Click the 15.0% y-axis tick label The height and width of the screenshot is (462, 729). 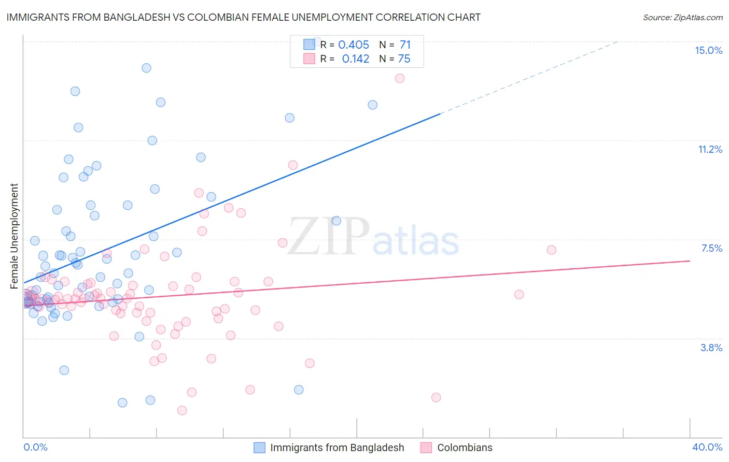pos(708,50)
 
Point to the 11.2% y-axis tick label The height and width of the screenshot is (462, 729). pos(710,149)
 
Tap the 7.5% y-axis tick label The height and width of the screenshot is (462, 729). pos(711,248)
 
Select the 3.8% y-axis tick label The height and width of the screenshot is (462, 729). pos(711,348)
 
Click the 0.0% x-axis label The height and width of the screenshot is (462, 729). pos(35,447)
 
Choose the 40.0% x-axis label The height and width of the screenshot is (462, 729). pos(707,447)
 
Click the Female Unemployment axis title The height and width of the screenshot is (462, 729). pos(14,236)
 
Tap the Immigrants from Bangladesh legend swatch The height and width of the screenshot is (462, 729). pos(259,447)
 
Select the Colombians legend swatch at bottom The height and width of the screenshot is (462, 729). pos(426,447)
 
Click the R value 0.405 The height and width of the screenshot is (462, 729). pos(354,45)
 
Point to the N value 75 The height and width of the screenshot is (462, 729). pos(404,59)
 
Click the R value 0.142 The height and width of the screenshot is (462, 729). pos(355,59)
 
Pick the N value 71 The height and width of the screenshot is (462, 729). pos(405,45)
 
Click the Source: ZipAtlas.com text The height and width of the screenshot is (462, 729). pos(682,18)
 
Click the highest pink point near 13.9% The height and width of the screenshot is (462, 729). pos(400,78)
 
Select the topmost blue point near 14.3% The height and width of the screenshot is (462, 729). pos(147,68)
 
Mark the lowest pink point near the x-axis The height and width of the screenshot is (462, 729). pos(182,410)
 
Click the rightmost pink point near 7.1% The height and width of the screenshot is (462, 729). pos(552,250)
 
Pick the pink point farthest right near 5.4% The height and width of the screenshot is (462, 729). pos(519,294)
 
